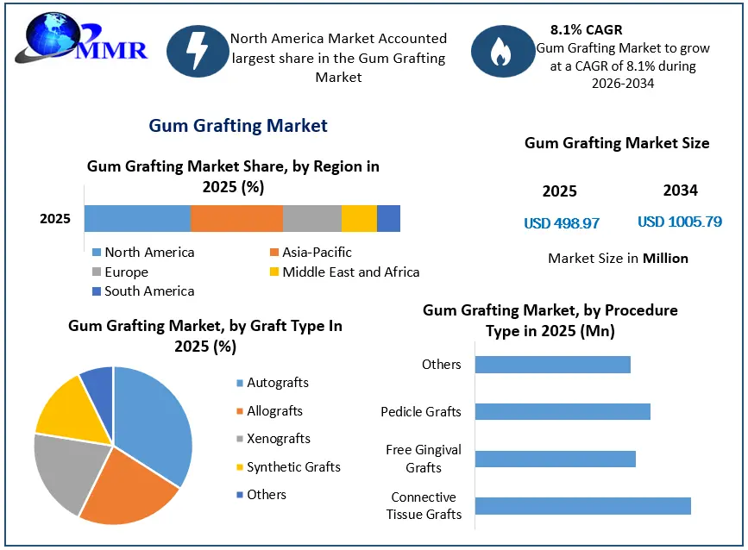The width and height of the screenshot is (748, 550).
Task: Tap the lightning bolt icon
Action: click(198, 51)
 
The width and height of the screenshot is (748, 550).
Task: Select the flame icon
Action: click(502, 51)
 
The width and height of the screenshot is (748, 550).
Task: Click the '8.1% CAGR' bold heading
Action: click(587, 29)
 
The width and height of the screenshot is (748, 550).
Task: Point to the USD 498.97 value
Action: click(562, 223)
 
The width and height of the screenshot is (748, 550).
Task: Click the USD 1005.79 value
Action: click(680, 222)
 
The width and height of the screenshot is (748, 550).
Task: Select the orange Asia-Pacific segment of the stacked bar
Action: click(236, 219)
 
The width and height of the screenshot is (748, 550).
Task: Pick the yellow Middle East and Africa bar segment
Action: click(359, 219)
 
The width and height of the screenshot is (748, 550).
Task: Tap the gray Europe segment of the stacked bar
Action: click(312, 219)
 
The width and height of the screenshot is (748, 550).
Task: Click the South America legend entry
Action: click(143, 291)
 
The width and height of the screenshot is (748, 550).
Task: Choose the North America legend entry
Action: click(143, 252)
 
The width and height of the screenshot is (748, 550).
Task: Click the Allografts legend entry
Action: click(269, 411)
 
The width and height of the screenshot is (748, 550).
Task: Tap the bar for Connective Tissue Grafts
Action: click(583, 506)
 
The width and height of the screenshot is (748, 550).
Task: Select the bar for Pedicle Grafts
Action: click(563, 412)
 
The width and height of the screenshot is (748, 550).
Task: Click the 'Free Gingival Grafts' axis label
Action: click(424, 459)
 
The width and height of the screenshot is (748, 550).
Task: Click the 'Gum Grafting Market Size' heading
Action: click(617, 143)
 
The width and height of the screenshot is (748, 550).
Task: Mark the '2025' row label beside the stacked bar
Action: click(55, 219)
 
